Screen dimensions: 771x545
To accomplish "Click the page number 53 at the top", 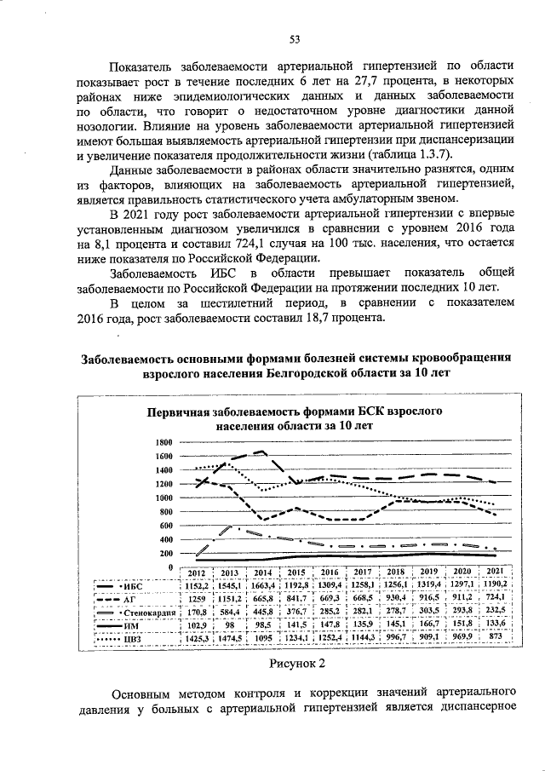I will pos(295,38).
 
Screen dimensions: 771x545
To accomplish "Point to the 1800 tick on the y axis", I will pos(164,443).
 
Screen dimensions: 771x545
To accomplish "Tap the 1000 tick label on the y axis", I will pos(164,498).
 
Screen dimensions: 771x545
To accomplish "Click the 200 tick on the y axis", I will pos(167,554).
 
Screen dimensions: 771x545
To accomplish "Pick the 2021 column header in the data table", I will pos(495,572).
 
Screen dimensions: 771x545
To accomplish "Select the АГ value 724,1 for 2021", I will pos(495,599).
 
